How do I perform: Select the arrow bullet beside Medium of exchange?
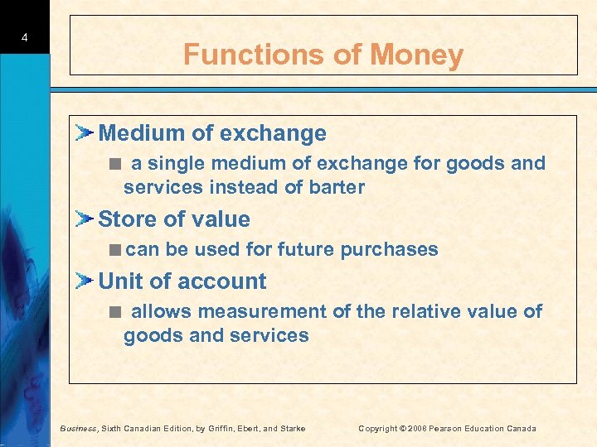pos(85,132)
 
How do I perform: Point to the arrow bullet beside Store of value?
pos(85,219)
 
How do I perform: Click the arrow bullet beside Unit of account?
pos(85,281)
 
